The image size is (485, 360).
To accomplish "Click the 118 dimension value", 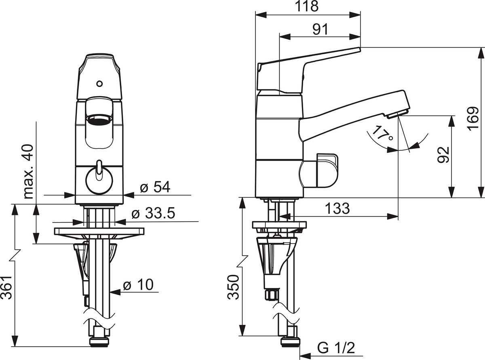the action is point(307,7).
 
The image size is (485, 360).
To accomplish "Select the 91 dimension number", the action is point(321,29).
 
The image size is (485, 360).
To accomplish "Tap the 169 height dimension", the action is point(473,119).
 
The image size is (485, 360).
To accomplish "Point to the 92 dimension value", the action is point(443,155).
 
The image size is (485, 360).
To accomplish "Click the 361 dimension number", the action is point(6,287).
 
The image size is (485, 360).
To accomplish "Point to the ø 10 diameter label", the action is point(138,284).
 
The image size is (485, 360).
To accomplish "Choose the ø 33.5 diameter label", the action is point(153,213).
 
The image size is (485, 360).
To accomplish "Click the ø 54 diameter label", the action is point(155,187).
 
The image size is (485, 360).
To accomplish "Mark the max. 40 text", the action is point(28,172).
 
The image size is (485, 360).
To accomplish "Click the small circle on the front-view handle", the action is point(99,84).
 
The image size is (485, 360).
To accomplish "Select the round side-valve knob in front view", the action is point(99,181).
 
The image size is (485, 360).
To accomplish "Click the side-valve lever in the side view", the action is point(327,171).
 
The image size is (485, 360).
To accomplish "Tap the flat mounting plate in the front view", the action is point(99,231).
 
